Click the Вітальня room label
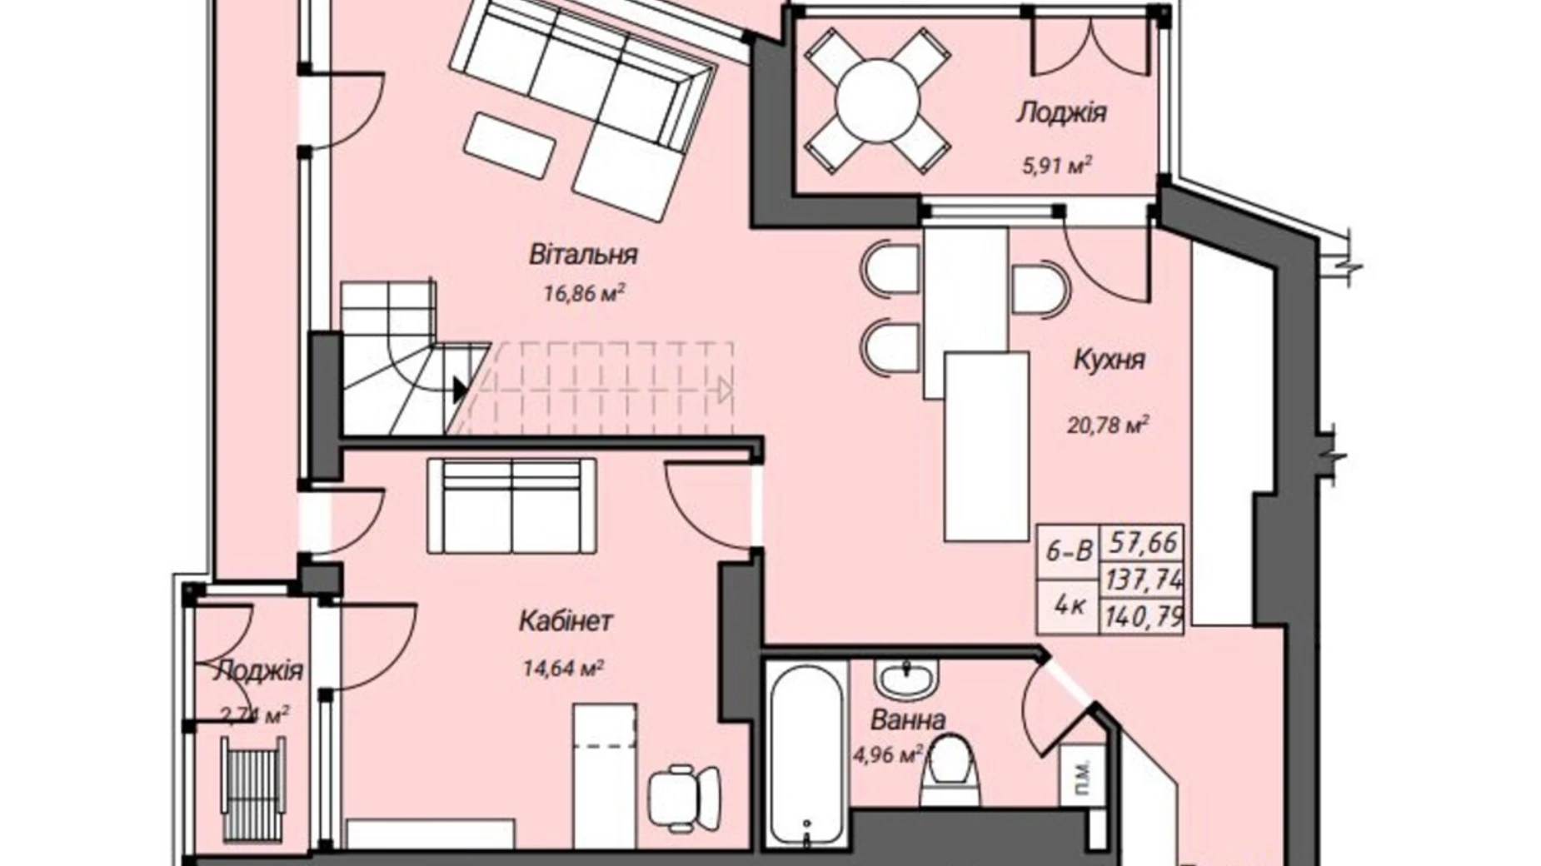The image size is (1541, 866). pyautogui.click(x=583, y=254)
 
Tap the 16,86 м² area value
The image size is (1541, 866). pyautogui.click(x=585, y=293)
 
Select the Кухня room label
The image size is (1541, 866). pyautogui.click(x=1109, y=360)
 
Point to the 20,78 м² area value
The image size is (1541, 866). pyautogui.click(x=1108, y=426)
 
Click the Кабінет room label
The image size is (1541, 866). pyautogui.click(x=566, y=621)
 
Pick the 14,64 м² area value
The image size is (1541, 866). pyautogui.click(x=564, y=668)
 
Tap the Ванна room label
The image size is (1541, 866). pyautogui.click(x=907, y=719)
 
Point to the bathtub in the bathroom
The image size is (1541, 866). pyautogui.click(x=805, y=752)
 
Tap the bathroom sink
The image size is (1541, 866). pyautogui.click(x=906, y=679)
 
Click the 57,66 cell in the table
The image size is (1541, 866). pyautogui.click(x=1142, y=543)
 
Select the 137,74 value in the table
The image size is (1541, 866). pyautogui.click(x=1144, y=579)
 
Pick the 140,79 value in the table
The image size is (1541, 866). pyautogui.click(x=1144, y=617)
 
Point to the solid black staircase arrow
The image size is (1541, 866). pyautogui.click(x=460, y=389)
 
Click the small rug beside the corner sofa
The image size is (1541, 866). pyautogui.click(x=510, y=145)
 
